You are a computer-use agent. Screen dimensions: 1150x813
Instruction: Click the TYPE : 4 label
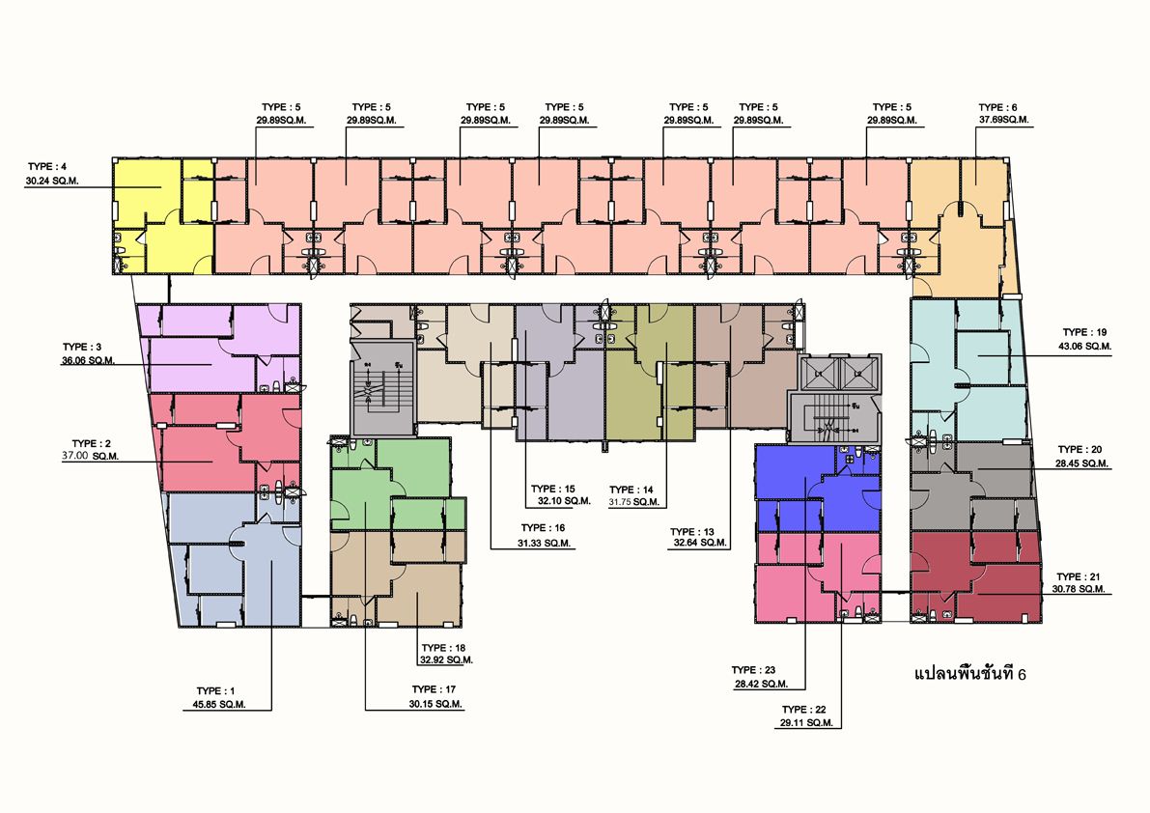coord(47,167)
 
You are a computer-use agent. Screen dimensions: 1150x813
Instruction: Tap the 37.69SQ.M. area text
coord(1003,120)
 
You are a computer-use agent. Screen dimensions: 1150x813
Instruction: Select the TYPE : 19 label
coord(1084,332)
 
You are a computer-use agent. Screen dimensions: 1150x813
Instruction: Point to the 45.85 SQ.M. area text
coord(219,705)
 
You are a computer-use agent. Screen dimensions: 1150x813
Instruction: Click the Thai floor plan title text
coord(969,673)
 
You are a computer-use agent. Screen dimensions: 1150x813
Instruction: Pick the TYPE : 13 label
coord(691,531)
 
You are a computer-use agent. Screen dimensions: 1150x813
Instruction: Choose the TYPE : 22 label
coord(803,710)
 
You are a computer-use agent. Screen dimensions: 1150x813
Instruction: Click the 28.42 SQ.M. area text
coord(761,684)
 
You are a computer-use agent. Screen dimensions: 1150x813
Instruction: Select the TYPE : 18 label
coord(444,648)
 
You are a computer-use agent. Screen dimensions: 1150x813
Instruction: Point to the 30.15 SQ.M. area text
coord(435,704)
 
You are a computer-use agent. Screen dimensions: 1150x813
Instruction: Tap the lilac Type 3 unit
coord(220,349)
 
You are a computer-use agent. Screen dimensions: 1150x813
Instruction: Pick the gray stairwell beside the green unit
coord(382,388)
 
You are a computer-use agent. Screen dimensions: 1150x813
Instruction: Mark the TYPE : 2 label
coord(92,443)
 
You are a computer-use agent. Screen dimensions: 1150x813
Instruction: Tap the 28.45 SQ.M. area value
coord(1082,463)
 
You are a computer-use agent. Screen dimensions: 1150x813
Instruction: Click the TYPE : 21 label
coord(1079,576)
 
